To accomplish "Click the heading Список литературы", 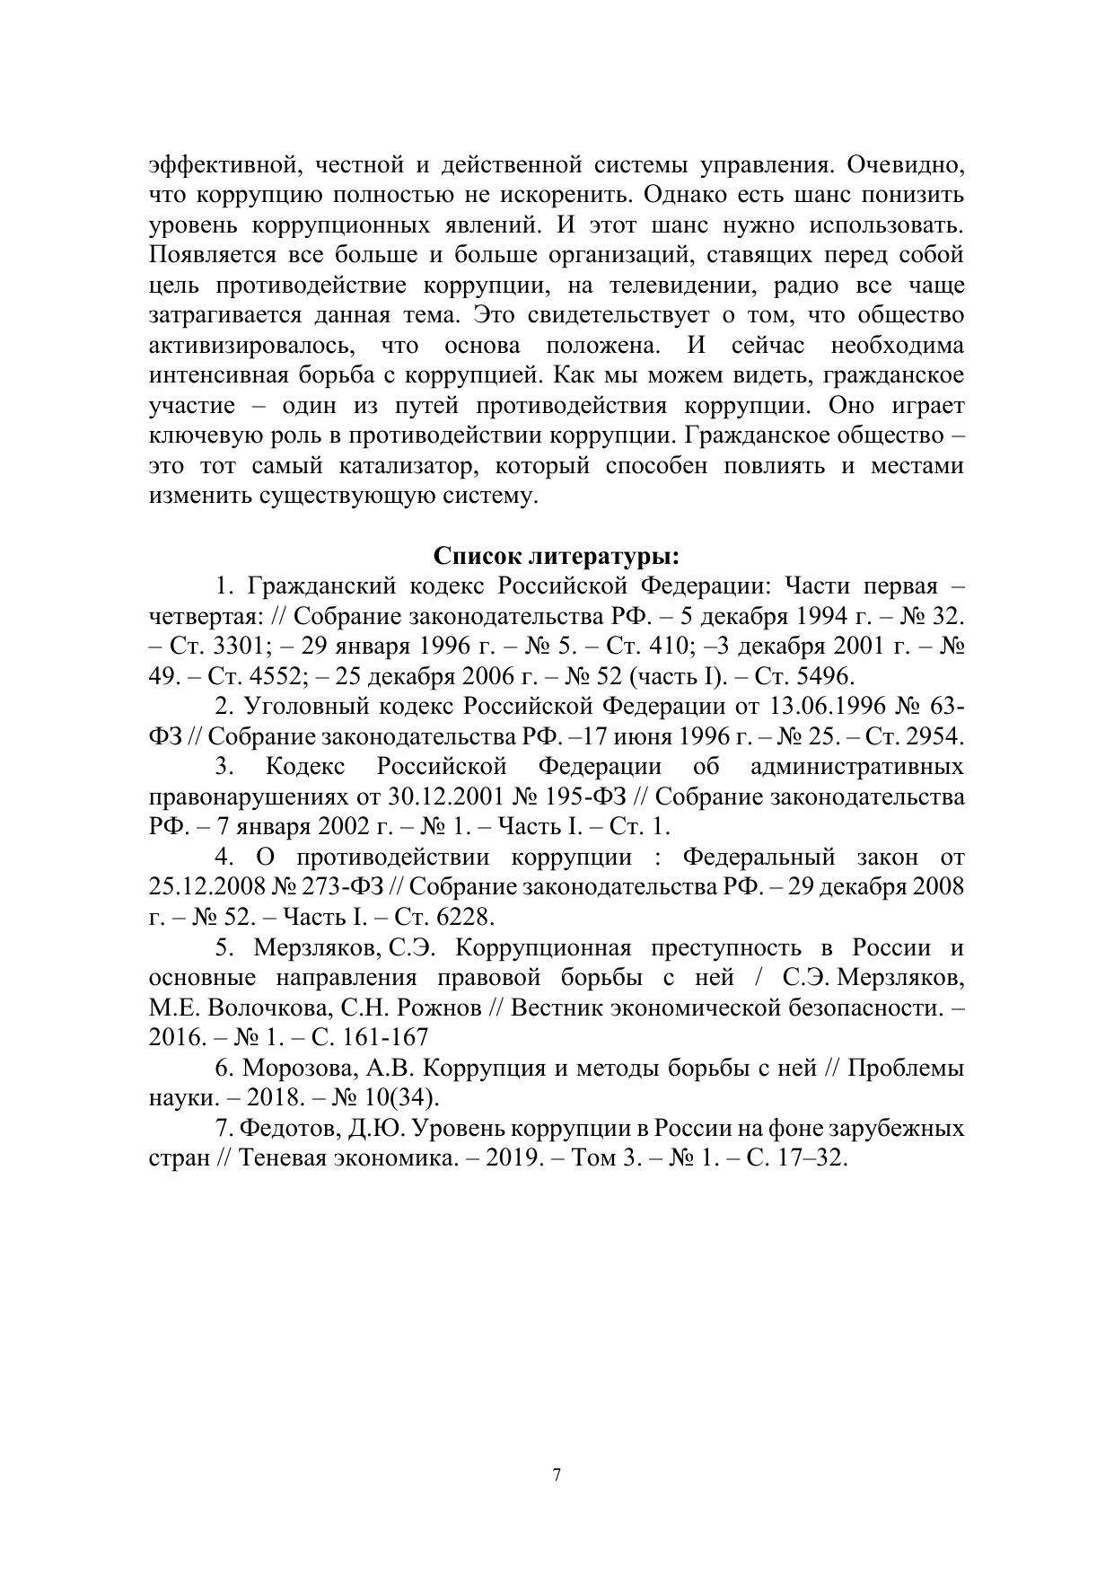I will click(556, 556).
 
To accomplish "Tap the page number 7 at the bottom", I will click(557, 1474).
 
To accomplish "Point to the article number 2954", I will click(934, 736).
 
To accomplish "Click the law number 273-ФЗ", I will click(340, 887).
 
